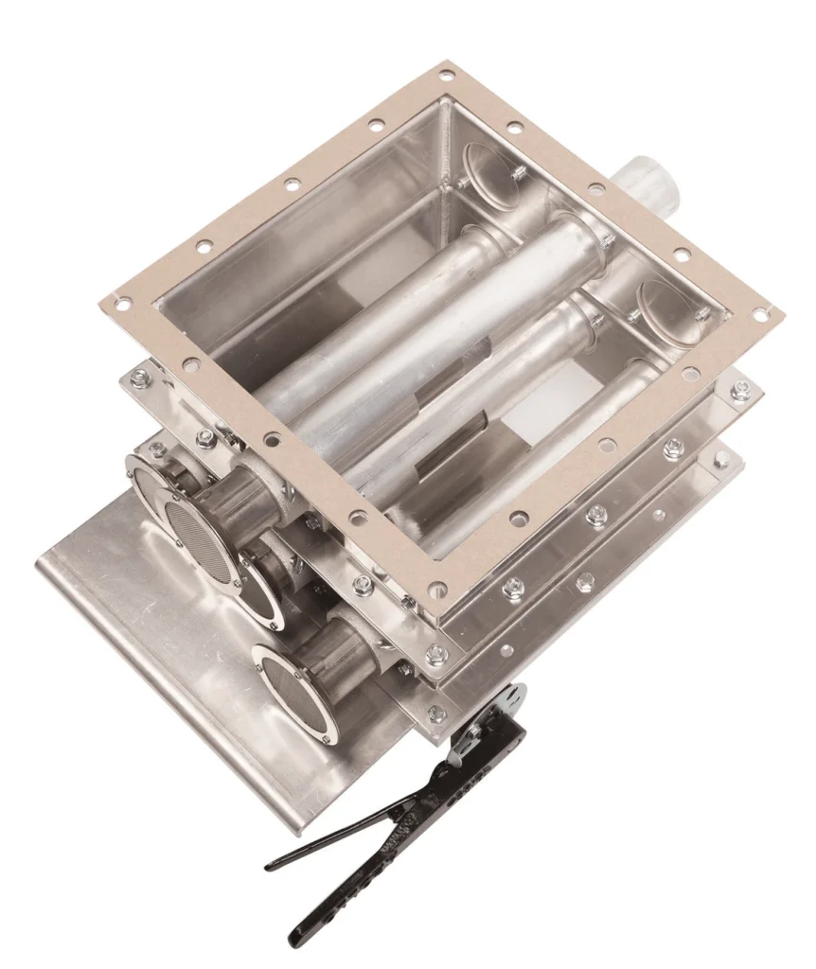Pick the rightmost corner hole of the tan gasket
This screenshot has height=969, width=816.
coord(760,312)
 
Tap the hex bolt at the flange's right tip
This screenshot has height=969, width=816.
coord(740,389)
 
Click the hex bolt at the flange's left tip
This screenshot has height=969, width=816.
coord(140,379)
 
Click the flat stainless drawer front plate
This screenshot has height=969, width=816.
coord(189,662)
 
